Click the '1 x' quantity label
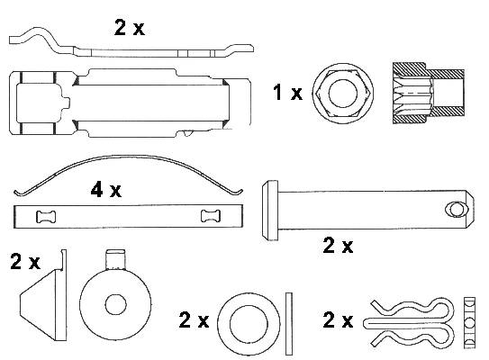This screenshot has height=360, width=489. pyautogui.click(x=287, y=93)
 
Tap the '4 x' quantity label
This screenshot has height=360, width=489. pyautogui.click(x=106, y=190)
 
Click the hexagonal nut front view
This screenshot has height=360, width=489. pyautogui.click(x=343, y=94)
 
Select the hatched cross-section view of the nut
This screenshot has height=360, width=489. pyautogui.click(x=429, y=94)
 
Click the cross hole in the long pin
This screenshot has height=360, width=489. pyautogui.click(x=457, y=209)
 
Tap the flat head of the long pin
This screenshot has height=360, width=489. pyautogui.click(x=270, y=210)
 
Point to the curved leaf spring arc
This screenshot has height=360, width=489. pyautogui.click(x=128, y=168)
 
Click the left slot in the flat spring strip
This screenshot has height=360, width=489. pyautogui.click(x=46, y=217)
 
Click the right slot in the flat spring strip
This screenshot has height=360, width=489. pyautogui.click(x=211, y=216)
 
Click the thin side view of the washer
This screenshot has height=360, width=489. pyautogui.click(x=289, y=324)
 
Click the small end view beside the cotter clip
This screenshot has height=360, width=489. pyautogui.click(x=470, y=322)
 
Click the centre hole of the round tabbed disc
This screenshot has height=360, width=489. pyautogui.click(x=115, y=305)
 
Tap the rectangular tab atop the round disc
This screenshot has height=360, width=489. pyautogui.click(x=115, y=259)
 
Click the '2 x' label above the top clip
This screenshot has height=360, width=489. pyautogui.click(x=130, y=28)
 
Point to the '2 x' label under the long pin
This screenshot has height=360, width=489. pyautogui.click(x=338, y=246)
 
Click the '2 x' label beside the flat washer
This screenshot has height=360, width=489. pyautogui.click(x=194, y=319)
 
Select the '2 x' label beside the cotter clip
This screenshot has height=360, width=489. pyautogui.click(x=338, y=319)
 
